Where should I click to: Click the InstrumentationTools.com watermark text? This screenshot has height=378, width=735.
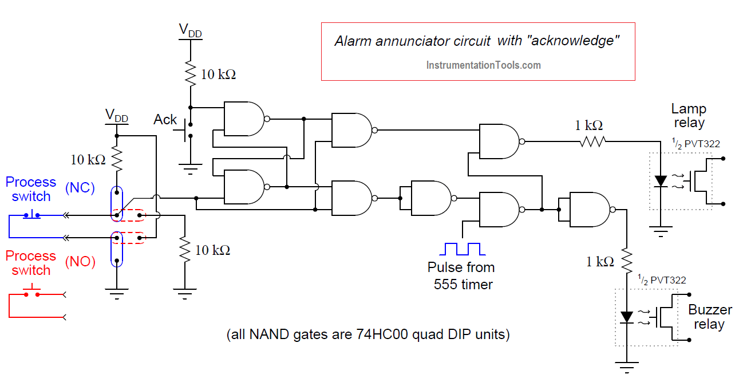tap(483, 65)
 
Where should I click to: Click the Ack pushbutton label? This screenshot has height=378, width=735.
tap(165, 120)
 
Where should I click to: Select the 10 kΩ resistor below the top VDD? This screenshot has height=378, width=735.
tap(190, 73)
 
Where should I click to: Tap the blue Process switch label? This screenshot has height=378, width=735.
tap(31, 189)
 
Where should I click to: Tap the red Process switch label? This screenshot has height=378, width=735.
tap(31, 263)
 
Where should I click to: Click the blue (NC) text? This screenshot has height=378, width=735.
tap(80, 188)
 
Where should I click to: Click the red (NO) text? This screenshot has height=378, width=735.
tap(80, 262)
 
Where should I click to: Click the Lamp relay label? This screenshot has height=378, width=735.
tap(689, 116)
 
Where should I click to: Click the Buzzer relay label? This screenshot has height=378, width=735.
tap(710, 317)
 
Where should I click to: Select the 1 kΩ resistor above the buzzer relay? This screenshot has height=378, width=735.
tap(627, 260)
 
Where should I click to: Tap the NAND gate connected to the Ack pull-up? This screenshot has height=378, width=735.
tap(244, 119)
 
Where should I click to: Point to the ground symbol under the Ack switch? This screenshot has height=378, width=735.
tap(190, 168)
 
